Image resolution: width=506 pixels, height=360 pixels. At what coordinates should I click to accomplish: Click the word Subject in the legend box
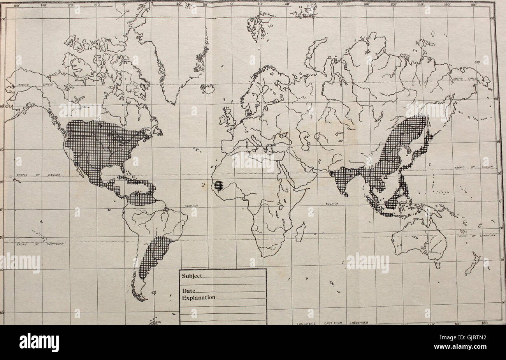click(x=192, y=276)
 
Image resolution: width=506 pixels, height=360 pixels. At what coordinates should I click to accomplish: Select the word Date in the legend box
click(x=189, y=291)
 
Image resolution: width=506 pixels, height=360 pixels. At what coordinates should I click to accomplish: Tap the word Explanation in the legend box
click(x=199, y=298)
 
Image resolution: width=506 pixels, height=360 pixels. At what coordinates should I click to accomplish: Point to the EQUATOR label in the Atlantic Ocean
click(x=191, y=205)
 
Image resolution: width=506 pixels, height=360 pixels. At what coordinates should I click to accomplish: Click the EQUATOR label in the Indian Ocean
click(x=327, y=203)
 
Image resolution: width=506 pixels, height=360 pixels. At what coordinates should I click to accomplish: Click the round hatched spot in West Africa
click(x=219, y=185)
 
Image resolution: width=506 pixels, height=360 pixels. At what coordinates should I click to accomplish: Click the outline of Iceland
click(x=207, y=89)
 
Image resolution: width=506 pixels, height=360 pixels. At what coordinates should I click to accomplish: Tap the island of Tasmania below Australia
click(x=437, y=265)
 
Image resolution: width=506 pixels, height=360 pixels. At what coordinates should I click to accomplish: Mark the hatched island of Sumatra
click(x=375, y=204)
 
